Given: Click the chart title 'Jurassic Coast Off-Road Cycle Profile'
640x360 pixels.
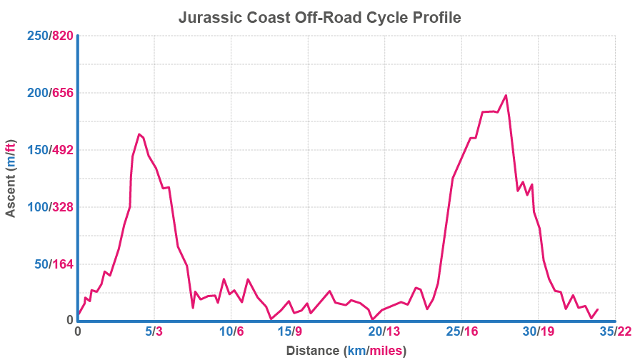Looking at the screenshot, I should pyautogui.click(x=319, y=17).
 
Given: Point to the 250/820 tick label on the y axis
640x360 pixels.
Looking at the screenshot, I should pyautogui.click(x=49, y=36).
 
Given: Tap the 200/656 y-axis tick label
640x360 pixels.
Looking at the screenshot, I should pyautogui.click(x=49, y=93).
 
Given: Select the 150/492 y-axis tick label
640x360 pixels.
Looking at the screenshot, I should pyautogui.click(x=49, y=150).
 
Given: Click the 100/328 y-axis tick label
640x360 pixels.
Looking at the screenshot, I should pyautogui.click(x=49, y=207).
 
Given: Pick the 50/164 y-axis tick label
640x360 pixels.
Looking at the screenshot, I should pyautogui.click(x=52, y=264).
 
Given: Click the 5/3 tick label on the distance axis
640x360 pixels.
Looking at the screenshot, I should pyautogui.click(x=154, y=331).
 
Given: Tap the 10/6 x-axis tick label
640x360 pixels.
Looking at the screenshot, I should pyautogui.click(x=231, y=331).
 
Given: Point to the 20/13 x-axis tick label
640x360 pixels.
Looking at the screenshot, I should pyautogui.click(x=384, y=331).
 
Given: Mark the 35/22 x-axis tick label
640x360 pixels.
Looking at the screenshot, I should pyautogui.click(x=615, y=331).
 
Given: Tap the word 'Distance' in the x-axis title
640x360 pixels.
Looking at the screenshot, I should pyautogui.click(x=312, y=351).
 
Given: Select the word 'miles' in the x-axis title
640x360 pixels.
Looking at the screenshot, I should pyautogui.click(x=385, y=351).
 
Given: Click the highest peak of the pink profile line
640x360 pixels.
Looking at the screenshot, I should pyautogui.click(x=506, y=95).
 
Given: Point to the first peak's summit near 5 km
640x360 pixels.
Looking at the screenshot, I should pyautogui.click(x=139, y=134).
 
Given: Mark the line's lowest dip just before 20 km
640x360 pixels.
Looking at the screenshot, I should pyautogui.click(x=371, y=319).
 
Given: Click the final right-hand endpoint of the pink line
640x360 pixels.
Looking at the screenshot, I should pyautogui.click(x=597, y=309).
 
